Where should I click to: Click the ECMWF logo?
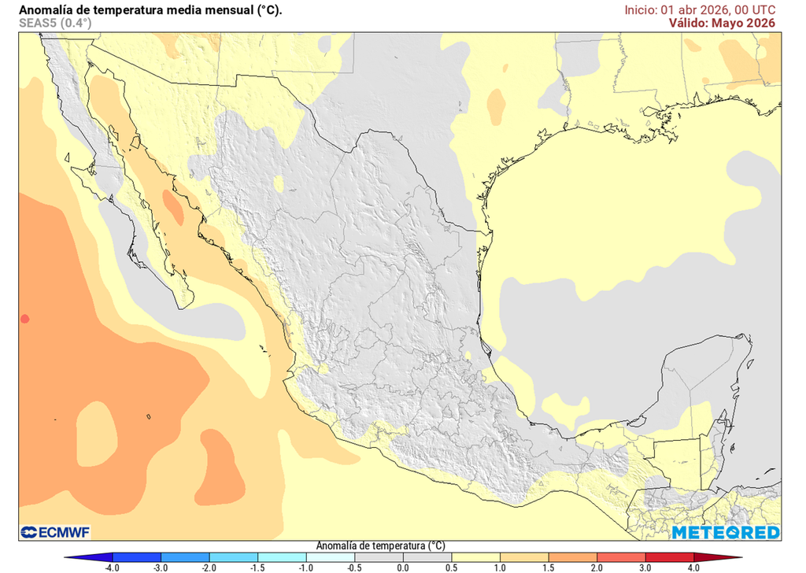tap(55, 533)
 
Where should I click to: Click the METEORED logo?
tap(725, 533)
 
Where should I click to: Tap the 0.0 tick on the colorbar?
tap(403, 567)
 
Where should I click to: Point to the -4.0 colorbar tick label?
tap(112, 567)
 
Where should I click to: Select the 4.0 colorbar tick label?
tap(693, 567)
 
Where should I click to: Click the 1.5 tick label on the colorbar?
tap(548, 567)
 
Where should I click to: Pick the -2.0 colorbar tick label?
tap(209, 567)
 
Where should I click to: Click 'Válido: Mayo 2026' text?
tap(722, 23)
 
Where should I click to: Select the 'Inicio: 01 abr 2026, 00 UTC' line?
tap(700, 9)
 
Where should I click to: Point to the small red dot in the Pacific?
tap(24, 319)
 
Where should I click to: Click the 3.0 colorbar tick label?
tap(645, 567)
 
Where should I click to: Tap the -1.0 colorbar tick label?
tap(305, 567)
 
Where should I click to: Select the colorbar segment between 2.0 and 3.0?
tap(620, 556)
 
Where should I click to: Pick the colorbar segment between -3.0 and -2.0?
tap(184, 556)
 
